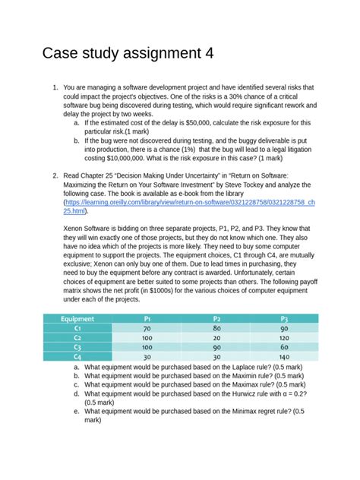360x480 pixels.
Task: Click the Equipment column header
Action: click(x=77, y=319)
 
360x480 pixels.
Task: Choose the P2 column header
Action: click(x=216, y=319)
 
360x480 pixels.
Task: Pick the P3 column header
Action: click(x=285, y=319)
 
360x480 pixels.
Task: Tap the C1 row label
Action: click(x=77, y=328)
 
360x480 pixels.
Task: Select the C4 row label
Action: click(x=77, y=355)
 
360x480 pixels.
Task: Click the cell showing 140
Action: click(x=285, y=355)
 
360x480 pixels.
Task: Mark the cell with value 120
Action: click(x=285, y=337)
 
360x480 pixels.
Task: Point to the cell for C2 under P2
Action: click(x=216, y=337)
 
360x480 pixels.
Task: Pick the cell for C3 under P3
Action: click(x=285, y=346)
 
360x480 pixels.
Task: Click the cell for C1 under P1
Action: click(x=147, y=328)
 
